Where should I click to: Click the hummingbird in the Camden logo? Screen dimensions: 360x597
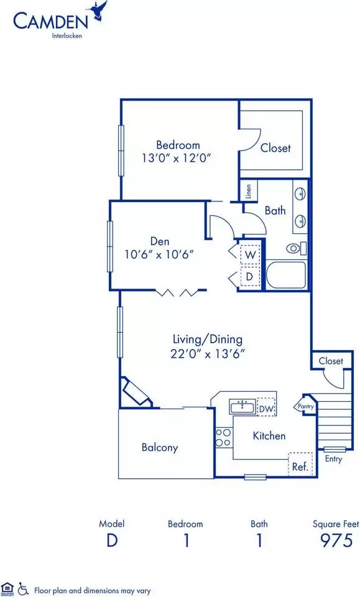(x=98, y=11)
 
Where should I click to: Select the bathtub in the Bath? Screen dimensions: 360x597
(x=285, y=275)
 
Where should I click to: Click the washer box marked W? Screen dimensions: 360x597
(x=250, y=255)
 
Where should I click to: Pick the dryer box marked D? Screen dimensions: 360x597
(x=250, y=277)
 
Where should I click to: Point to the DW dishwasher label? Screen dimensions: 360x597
(x=266, y=409)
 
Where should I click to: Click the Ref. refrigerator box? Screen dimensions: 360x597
(x=301, y=464)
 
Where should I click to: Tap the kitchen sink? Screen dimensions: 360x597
(x=242, y=407)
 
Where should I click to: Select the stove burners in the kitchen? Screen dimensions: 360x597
(x=224, y=437)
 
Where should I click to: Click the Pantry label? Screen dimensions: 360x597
(x=305, y=406)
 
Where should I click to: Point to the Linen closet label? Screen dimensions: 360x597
(x=249, y=192)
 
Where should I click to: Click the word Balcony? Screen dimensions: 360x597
(x=160, y=447)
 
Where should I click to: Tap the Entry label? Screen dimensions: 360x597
(x=333, y=459)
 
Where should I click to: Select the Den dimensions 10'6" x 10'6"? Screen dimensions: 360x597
(x=159, y=254)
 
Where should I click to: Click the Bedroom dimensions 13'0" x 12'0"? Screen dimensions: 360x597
(x=177, y=157)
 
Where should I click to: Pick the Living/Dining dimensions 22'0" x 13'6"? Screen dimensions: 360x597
(x=208, y=354)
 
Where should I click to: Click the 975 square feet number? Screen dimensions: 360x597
(x=337, y=540)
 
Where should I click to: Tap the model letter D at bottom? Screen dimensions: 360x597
(x=112, y=540)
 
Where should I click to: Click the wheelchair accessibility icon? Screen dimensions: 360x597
(x=23, y=589)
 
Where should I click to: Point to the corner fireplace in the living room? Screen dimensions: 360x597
(x=136, y=392)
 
